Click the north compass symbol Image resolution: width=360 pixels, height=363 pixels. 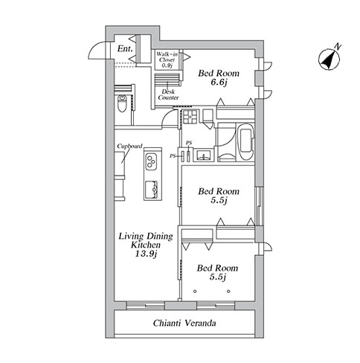(x=329, y=60)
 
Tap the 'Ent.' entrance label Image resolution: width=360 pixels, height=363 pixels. (x=125, y=48)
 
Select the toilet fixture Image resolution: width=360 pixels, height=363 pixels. (x=122, y=103)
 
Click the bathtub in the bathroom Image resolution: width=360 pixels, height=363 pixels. (x=246, y=142)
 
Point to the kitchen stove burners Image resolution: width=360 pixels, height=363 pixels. (x=151, y=161)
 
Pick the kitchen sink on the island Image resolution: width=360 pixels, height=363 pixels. (x=151, y=190)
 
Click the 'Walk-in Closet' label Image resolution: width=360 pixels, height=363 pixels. (x=167, y=57)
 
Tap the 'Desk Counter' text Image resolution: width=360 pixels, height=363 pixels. (x=168, y=94)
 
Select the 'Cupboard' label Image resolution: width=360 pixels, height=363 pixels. (x=129, y=146)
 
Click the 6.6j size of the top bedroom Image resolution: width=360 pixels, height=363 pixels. (x=219, y=82)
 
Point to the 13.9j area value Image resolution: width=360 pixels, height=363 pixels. (x=146, y=254)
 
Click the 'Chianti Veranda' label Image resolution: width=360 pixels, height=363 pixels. (x=184, y=323)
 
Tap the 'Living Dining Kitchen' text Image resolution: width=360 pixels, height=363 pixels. (x=146, y=240)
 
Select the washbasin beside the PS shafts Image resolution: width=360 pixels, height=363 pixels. (x=204, y=155)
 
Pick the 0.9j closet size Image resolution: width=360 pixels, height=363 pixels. (x=167, y=65)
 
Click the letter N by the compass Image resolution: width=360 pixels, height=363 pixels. (x=338, y=46)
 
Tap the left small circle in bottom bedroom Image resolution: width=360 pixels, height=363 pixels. (x=195, y=292)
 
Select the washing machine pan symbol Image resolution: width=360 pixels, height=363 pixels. (x=190, y=117)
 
